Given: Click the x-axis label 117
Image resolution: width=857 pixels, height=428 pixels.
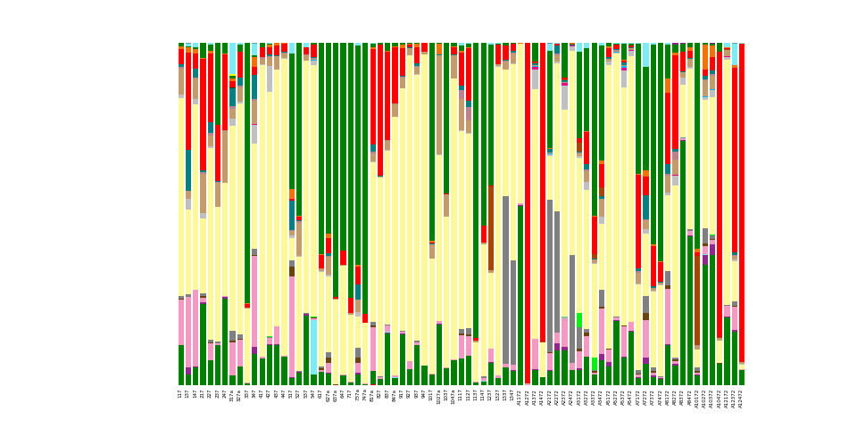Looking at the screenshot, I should point(180,393).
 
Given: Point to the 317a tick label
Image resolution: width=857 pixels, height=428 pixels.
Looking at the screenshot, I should point(232,395).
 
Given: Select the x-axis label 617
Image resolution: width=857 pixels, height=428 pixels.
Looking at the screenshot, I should point(320,393).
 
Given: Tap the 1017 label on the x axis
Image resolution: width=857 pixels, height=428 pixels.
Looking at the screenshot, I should point(431,394).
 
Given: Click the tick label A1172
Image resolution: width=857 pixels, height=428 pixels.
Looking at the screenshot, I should point(520,395).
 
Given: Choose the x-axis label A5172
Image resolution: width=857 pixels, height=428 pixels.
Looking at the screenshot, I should point(609,395).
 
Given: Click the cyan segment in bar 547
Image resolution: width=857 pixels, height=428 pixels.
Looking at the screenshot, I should point(313,346).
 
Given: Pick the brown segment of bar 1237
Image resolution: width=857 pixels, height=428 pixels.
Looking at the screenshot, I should point(490,227).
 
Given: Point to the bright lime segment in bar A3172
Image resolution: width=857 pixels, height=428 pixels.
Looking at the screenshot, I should point(578,320).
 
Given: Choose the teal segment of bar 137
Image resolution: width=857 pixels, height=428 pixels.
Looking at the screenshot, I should point(187,169).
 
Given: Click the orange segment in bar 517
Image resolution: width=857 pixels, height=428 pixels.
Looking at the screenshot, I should point(291,194).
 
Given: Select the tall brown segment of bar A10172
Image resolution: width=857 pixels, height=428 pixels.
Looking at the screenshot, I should point(696,299).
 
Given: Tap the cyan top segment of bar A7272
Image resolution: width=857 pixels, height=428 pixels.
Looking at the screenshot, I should point(645,54).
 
